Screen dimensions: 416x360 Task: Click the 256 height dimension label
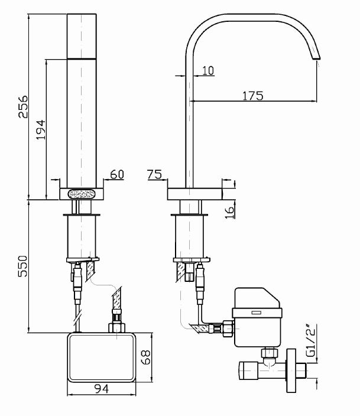coord(22,106)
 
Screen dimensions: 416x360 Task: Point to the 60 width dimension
coord(117,175)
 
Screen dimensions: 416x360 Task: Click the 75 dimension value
coord(154,175)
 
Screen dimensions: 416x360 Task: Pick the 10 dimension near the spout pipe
coord(207,70)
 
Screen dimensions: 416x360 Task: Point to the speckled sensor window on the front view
coord(83,193)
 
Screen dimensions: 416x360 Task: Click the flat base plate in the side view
coord(194,193)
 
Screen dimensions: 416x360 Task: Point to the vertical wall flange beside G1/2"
coord(290,372)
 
